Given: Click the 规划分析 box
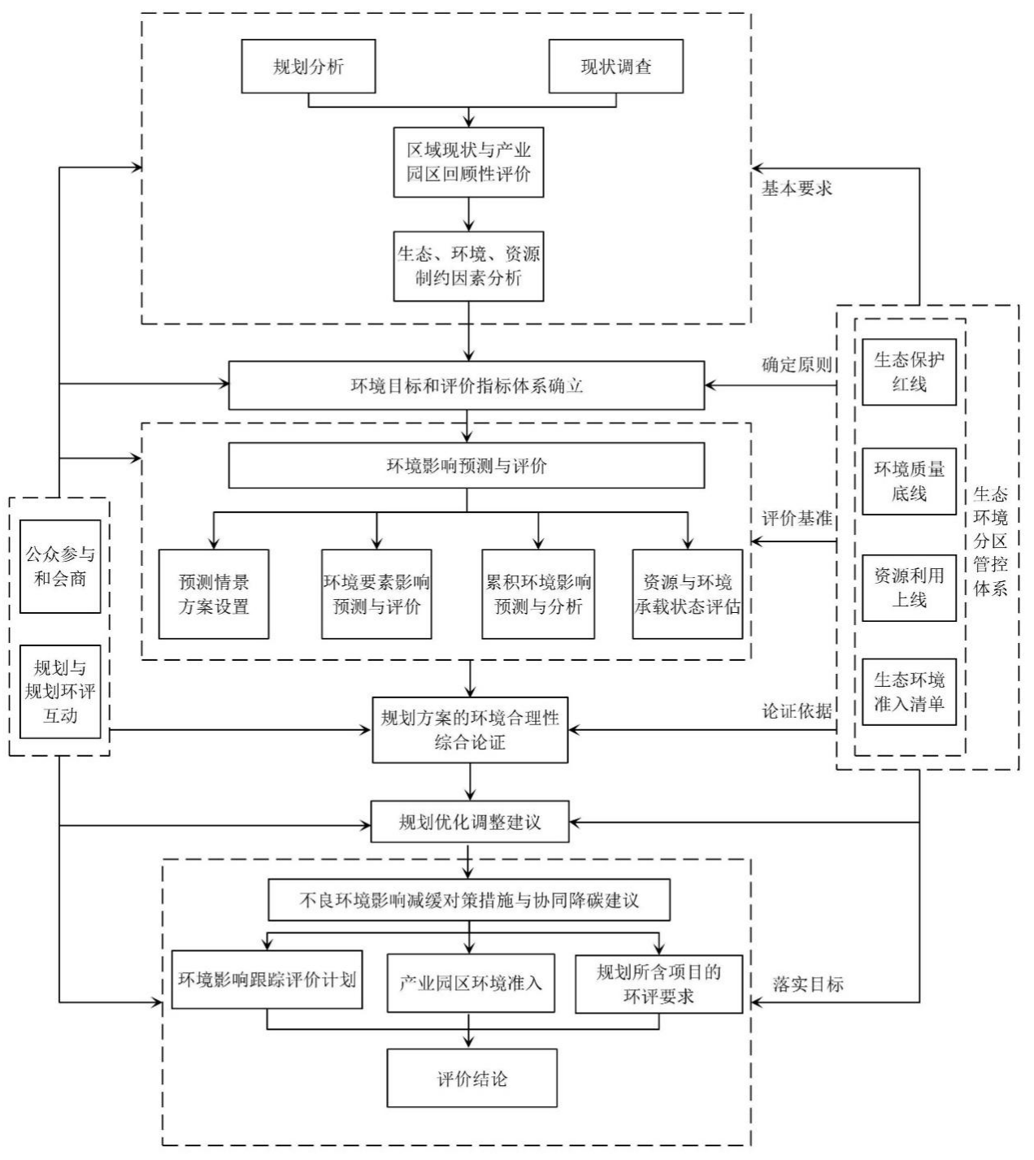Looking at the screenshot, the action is [308, 66].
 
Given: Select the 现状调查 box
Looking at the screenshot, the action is [615, 66].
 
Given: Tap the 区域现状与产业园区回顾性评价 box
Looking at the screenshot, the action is [467, 162].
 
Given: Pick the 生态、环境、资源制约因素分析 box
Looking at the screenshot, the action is [467, 267].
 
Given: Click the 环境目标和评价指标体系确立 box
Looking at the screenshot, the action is [466, 385].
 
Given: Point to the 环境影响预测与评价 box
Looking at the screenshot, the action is [466, 466].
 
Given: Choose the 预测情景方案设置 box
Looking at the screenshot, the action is [214, 594].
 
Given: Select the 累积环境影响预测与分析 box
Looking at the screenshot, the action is [537, 594].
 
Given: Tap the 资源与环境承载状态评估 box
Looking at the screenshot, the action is [687, 594].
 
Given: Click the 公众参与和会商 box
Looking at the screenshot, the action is [60, 567].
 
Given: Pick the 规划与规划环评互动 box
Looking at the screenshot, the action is [60, 692].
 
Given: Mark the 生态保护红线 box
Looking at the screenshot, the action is [909, 372].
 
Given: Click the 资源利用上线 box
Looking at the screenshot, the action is [909, 588].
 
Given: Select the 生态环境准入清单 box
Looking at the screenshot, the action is [909, 693].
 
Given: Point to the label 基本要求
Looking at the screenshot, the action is [796, 189].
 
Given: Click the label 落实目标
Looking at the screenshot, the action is [808, 984].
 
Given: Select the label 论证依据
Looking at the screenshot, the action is [797, 711].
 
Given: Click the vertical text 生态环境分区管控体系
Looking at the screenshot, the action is [990, 541].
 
